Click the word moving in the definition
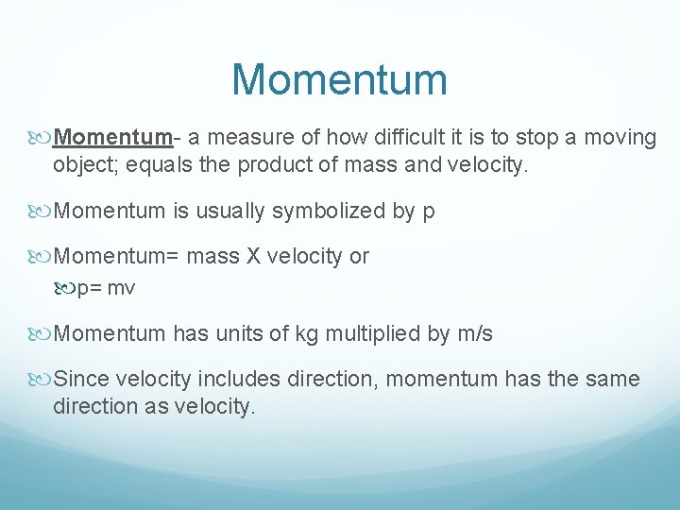click(x=620, y=138)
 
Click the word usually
click(x=229, y=211)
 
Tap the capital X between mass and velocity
click(x=253, y=256)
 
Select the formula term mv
click(x=122, y=288)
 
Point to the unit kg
click(x=305, y=333)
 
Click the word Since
click(x=83, y=380)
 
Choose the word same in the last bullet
click(x=613, y=380)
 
